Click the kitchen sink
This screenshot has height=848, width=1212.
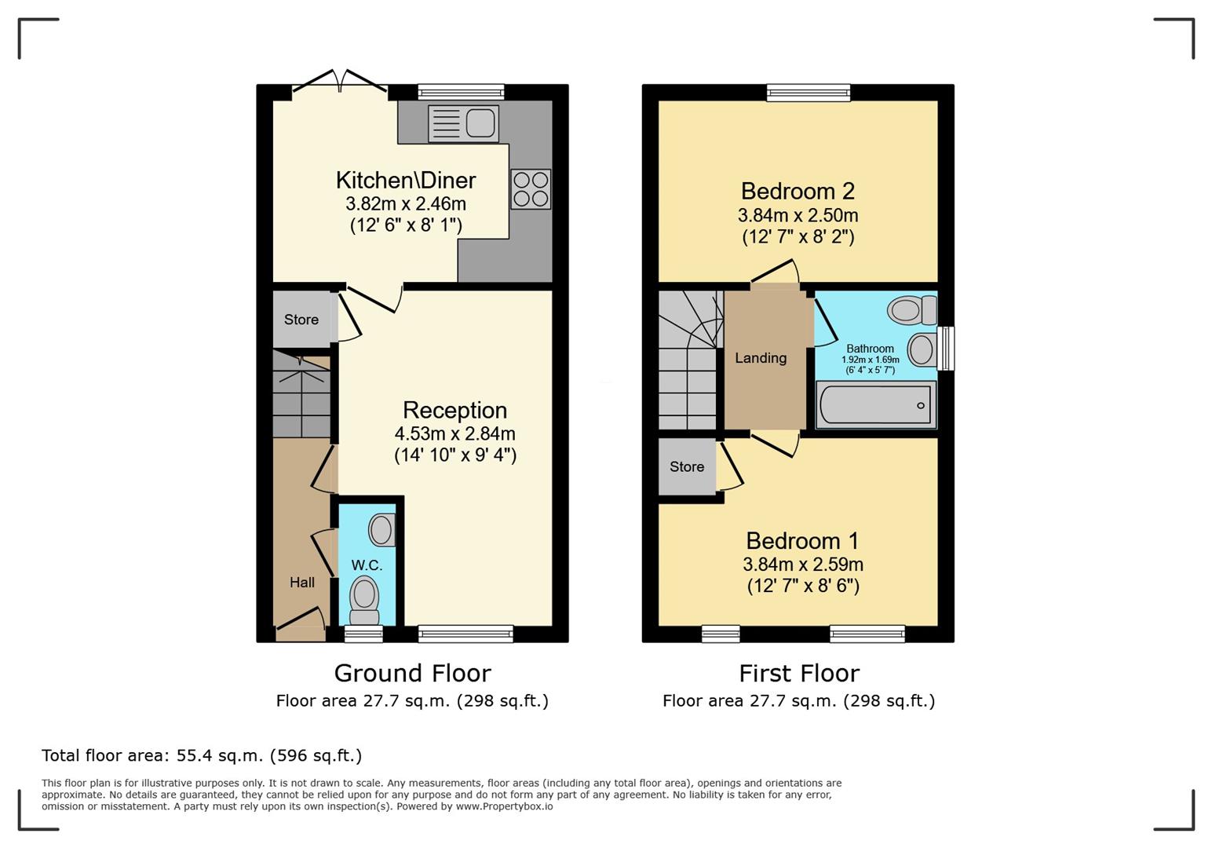(463, 124)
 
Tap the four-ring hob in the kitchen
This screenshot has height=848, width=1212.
(531, 189)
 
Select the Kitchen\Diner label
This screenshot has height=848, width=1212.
(406, 181)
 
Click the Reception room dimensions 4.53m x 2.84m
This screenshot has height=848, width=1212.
(455, 433)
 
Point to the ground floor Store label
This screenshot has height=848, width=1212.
(301, 320)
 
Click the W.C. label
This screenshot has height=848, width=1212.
(367, 565)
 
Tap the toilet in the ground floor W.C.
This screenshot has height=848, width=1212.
(364, 601)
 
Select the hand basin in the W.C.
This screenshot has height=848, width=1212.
(382, 529)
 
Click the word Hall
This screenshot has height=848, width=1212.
(302, 583)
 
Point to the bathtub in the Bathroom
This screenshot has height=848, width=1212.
(876, 405)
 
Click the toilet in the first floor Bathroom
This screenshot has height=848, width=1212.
(912, 310)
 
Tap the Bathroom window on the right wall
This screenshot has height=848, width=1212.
(946, 348)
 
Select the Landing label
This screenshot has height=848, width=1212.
(761, 358)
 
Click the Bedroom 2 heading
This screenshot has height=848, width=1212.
(798, 191)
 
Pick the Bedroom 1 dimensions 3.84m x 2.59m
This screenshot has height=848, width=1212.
(803, 565)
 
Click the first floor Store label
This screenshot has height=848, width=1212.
(687, 466)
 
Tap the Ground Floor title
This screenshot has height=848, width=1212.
(413, 673)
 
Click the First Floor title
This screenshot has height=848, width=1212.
(799, 674)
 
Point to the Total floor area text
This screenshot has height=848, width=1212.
(202, 755)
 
